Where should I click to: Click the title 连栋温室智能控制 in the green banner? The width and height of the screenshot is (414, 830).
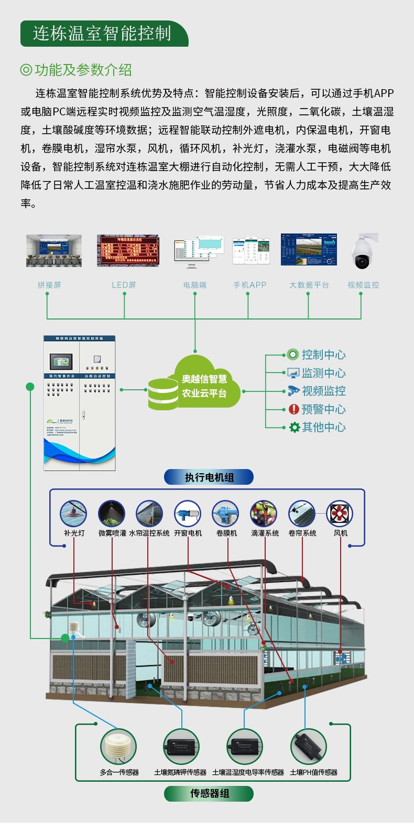tap(102, 34)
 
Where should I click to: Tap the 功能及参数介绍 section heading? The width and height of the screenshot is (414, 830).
tap(83, 70)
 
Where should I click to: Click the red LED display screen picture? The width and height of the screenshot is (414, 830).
tap(128, 251)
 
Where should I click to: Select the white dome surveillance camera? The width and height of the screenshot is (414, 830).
tap(363, 251)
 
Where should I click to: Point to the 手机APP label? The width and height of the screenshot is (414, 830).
tap(249, 285)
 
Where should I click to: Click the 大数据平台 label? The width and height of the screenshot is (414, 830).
tap(309, 285)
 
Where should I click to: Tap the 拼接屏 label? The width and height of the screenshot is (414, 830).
tap(49, 285)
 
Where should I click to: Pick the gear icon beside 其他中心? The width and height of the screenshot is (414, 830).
tap(295, 428)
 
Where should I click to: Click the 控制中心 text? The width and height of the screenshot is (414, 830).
tap(323, 355)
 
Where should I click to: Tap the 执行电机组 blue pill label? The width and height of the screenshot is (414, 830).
tap(209, 477)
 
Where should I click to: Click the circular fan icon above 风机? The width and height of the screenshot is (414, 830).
tap(340, 513)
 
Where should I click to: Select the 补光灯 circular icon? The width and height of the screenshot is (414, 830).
tap(73, 513)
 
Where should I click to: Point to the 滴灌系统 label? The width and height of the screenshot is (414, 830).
tap(265, 533)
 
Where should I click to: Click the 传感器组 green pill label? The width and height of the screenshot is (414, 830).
tap(209, 793)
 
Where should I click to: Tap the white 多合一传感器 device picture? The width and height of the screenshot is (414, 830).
tap(118, 747)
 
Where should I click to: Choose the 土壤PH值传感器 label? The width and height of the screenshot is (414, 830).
tap(313, 772)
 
